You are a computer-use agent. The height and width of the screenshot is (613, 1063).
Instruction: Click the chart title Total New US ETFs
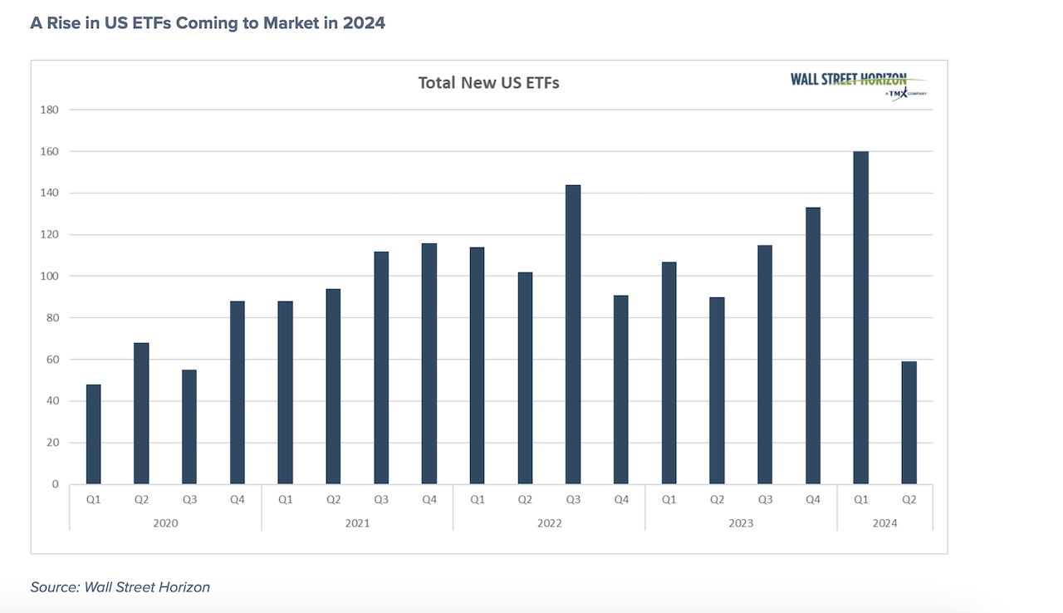[x=488, y=82]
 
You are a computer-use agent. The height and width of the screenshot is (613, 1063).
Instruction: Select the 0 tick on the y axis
[x=55, y=483]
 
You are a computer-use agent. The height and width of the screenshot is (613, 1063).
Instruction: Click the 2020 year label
[x=165, y=523]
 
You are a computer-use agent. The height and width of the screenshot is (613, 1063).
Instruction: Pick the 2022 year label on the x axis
[x=549, y=523]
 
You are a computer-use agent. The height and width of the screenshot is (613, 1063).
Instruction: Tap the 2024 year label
[x=884, y=523]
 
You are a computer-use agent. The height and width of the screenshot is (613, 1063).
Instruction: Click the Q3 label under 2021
[x=381, y=500]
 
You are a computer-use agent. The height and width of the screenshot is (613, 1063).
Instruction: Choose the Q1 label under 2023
[x=669, y=500]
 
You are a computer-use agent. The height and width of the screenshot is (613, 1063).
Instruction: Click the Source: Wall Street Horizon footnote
[x=120, y=587]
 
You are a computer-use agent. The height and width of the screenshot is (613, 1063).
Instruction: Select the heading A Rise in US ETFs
[x=208, y=23]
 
